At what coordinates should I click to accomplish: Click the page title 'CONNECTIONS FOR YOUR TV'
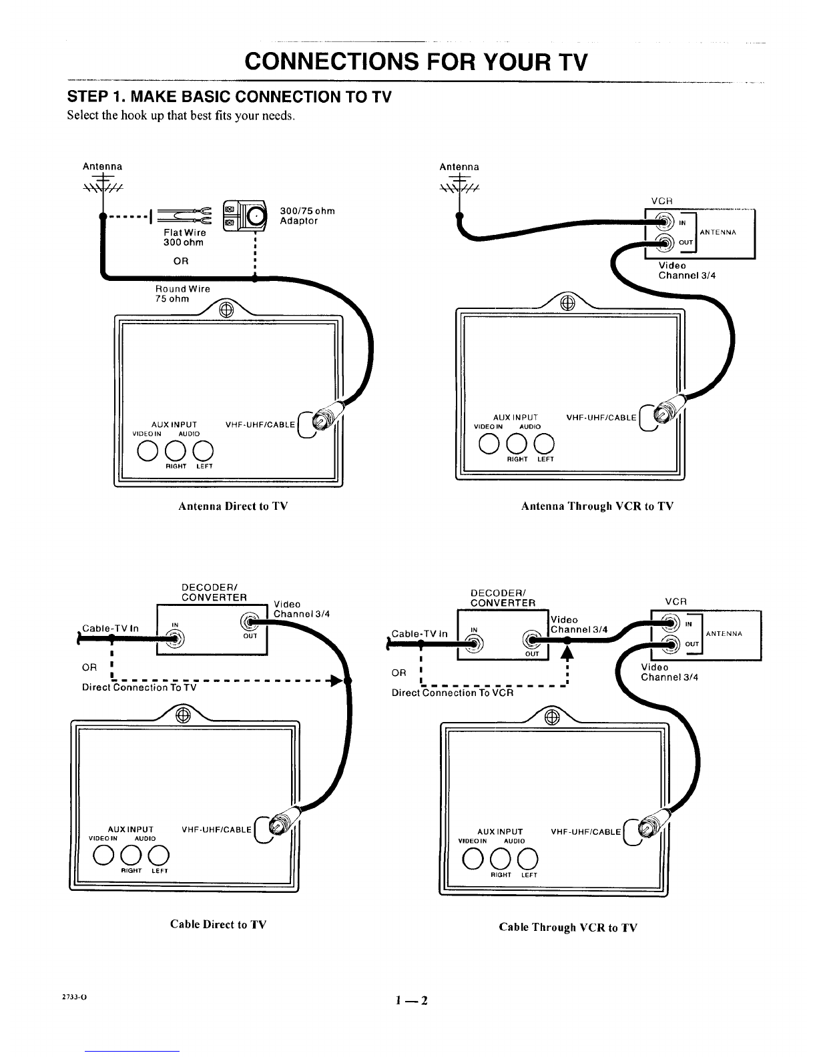pos(417,61)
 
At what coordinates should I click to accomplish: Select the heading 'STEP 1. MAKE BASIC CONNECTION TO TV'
pos(229,97)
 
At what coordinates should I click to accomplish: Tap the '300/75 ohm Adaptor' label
pos(308,216)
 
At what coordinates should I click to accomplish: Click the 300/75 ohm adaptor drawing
pos(244,214)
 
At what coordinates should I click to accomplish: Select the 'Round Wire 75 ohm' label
pos(182,294)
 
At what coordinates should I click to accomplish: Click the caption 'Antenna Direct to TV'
pos(233,506)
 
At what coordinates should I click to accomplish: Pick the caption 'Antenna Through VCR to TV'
pos(597,506)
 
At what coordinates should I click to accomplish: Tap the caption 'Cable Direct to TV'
pos(218,924)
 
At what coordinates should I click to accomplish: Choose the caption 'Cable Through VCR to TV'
pos(568,927)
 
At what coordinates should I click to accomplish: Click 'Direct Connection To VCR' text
pos(453,693)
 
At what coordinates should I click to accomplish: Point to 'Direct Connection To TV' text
pos(139,687)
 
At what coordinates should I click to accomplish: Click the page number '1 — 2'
pos(411,1000)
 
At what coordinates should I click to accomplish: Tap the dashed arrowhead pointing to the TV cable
pos(336,681)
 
